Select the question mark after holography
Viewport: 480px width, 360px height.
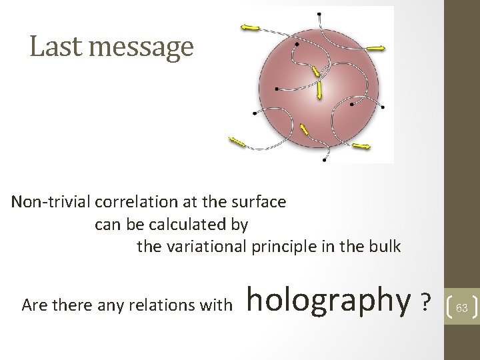pos(424,305)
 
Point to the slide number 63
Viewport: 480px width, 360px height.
pos(461,307)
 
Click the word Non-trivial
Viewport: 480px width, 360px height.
pos(51,201)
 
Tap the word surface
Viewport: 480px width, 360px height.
pos(261,201)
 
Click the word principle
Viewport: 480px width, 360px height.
pos(307,247)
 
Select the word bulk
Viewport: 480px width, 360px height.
pos(385,247)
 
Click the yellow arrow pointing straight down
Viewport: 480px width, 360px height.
pos(320,88)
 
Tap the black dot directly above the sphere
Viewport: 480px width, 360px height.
pos(321,14)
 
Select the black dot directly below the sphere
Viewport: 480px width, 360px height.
pos(324,160)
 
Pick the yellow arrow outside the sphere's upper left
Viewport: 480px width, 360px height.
pos(251,27)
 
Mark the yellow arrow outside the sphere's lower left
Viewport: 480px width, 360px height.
pos(237,141)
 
